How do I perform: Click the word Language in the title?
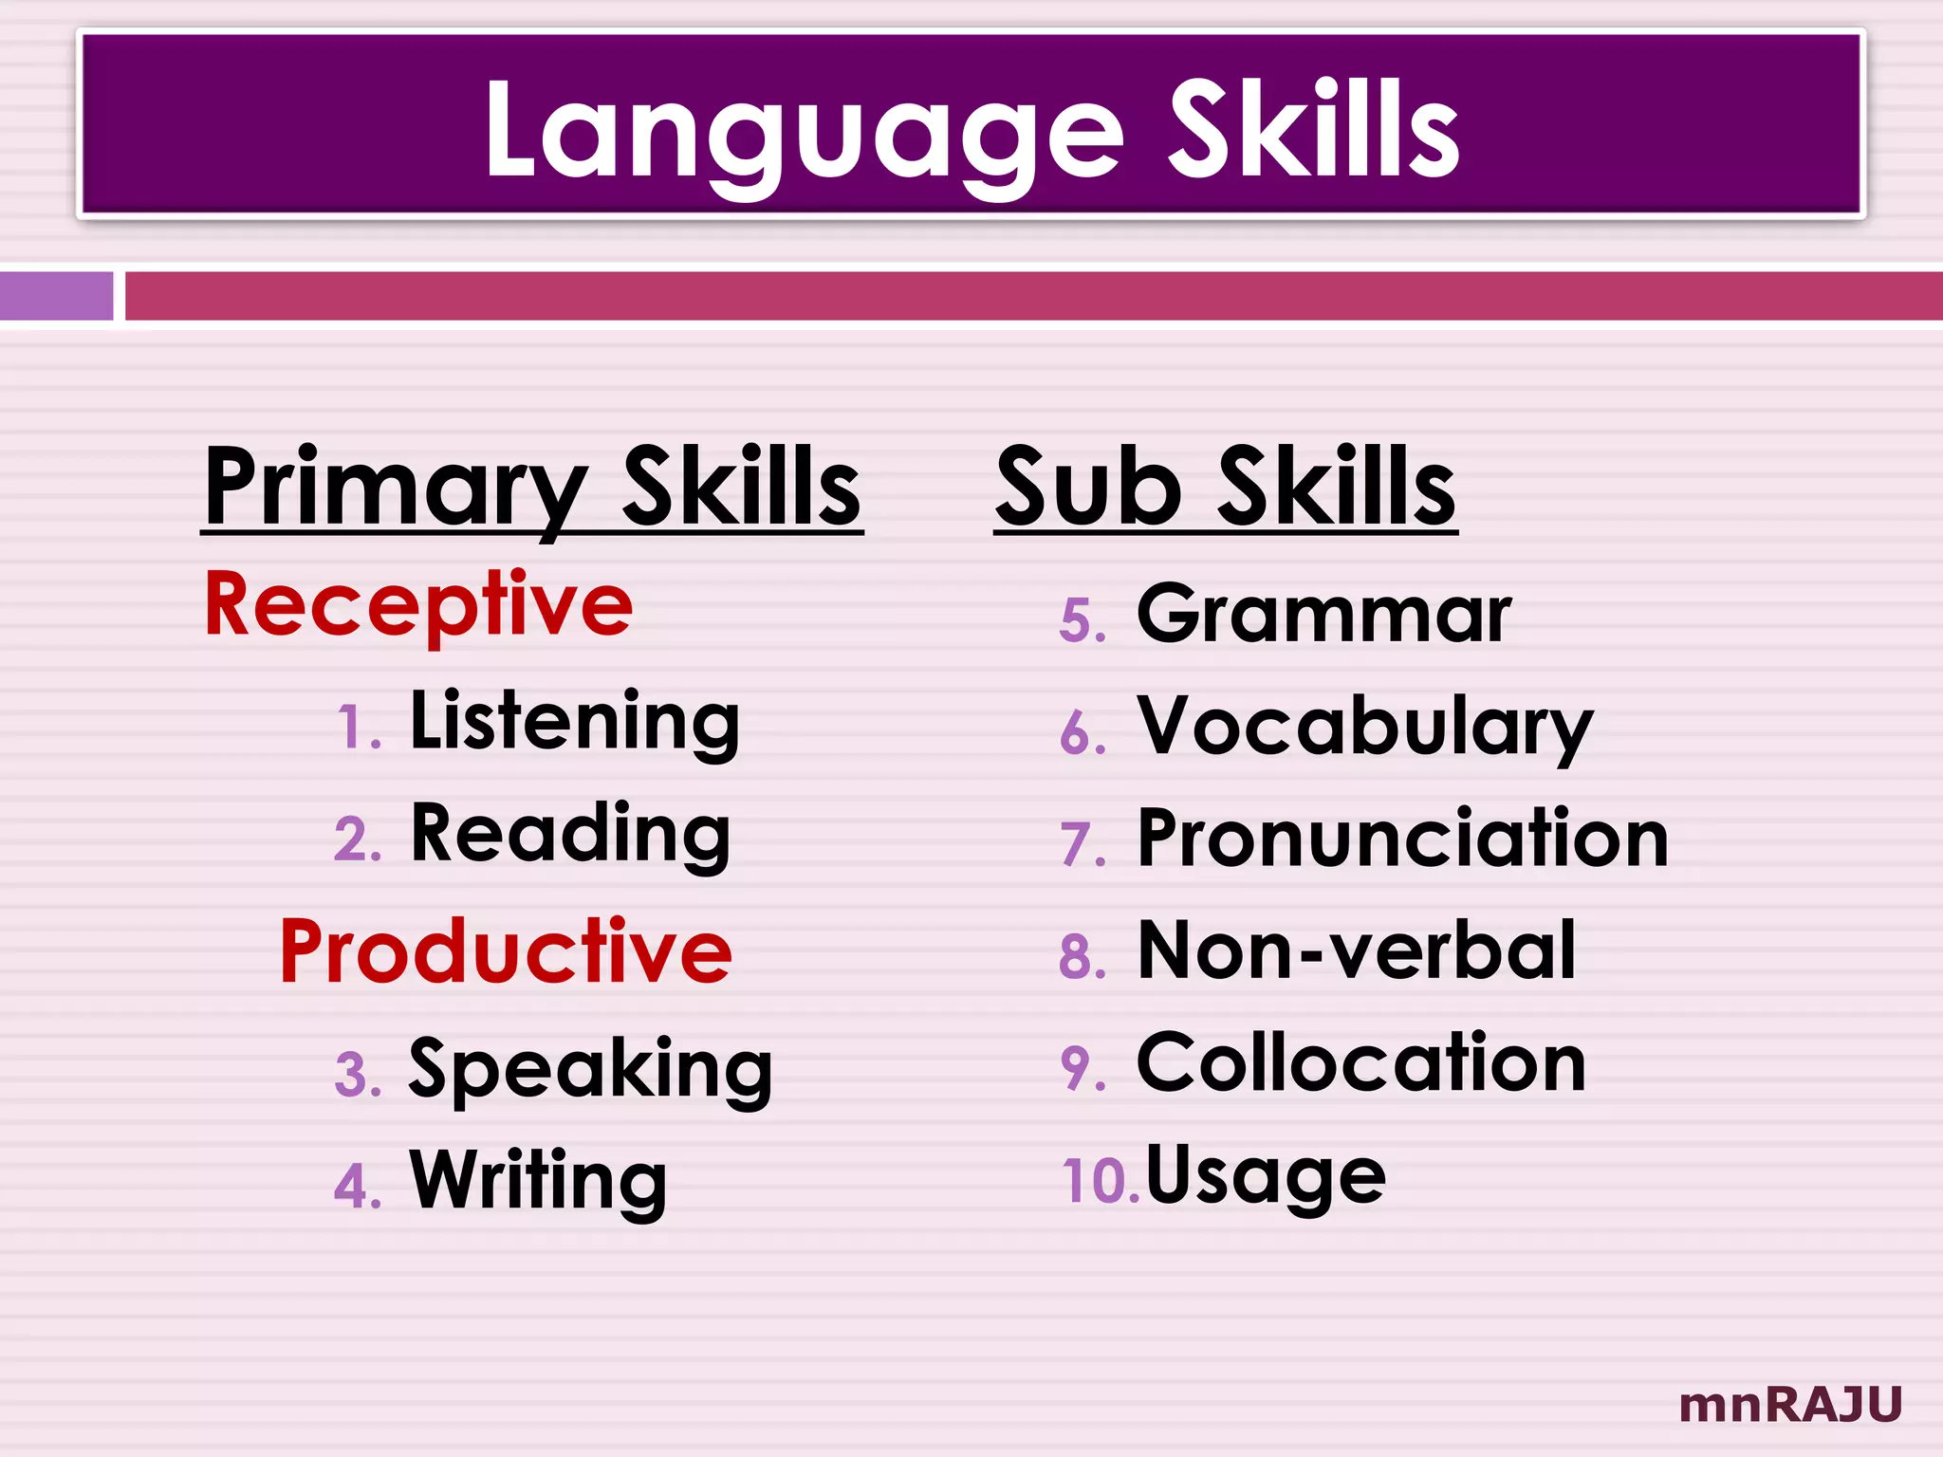point(803,131)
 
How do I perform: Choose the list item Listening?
point(574,722)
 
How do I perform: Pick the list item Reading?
point(570,835)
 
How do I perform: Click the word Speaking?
point(590,1069)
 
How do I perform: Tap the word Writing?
point(538,1181)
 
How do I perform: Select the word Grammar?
point(1323,615)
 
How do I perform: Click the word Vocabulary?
point(1364,727)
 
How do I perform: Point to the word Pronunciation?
point(1402,839)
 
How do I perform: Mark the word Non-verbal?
point(1357,950)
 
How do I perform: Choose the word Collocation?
point(1360,1063)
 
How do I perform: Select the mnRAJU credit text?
point(1790,1405)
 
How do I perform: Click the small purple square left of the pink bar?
point(56,296)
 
